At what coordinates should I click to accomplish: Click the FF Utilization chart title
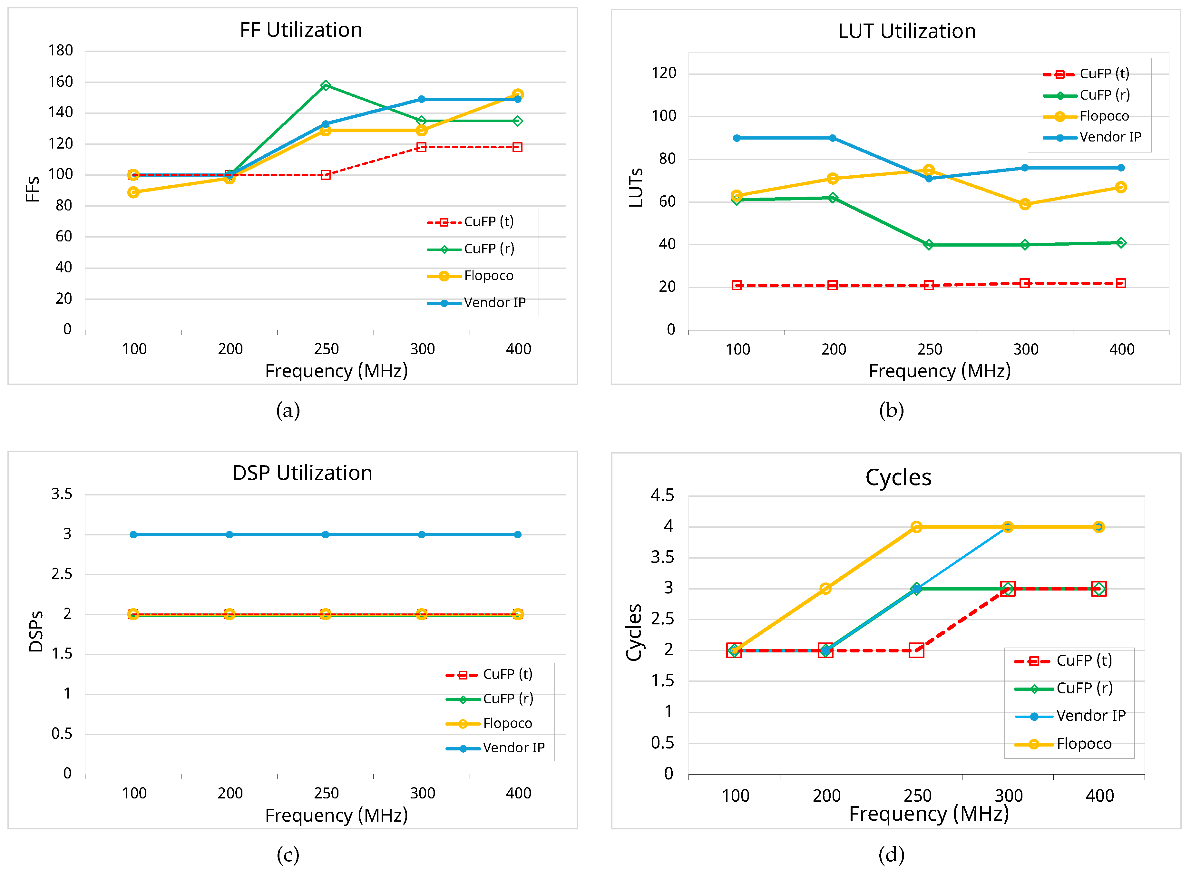[301, 30]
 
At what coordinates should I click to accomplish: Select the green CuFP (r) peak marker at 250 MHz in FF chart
[326, 85]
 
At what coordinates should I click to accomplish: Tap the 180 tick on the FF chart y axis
[61, 51]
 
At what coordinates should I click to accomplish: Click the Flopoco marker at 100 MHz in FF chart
[133, 192]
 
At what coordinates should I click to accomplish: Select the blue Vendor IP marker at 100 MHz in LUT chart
[736, 138]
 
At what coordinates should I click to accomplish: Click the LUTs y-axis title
[636, 188]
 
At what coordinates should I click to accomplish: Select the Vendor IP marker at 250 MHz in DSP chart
[326, 534]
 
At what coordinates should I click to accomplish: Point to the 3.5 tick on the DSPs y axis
[62, 494]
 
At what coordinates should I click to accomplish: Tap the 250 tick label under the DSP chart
[326, 793]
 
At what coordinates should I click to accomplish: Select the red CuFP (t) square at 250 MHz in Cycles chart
[916, 650]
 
